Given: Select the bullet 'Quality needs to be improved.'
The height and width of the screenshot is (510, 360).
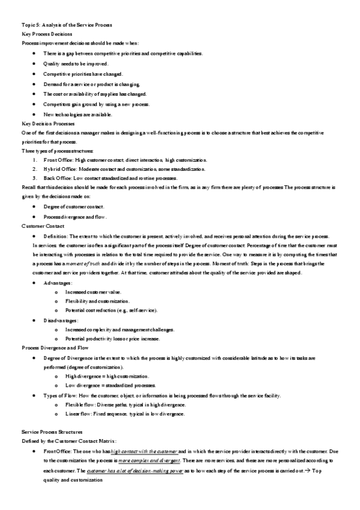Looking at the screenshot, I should click(x=76, y=63).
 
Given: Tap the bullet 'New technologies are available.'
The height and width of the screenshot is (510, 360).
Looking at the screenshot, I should click(x=78, y=114).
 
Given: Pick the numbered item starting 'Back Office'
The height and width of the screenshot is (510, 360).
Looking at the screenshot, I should click(x=111, y=179).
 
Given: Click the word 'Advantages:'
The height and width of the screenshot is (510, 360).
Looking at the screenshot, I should click(x=58, y=283).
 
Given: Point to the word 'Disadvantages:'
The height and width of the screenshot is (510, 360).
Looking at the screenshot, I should click(x=61, y=320).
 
